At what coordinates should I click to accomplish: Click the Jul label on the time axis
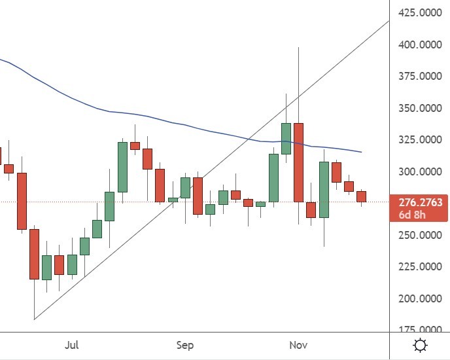pos(72,345)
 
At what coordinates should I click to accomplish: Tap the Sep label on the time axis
pos(185,345)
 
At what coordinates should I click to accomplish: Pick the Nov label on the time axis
pos(298,345)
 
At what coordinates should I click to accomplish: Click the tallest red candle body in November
pos(299,162)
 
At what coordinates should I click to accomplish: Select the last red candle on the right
pos(361,196)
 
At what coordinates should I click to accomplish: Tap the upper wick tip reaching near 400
pos(299,48)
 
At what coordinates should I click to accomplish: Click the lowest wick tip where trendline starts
pos(34,319)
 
